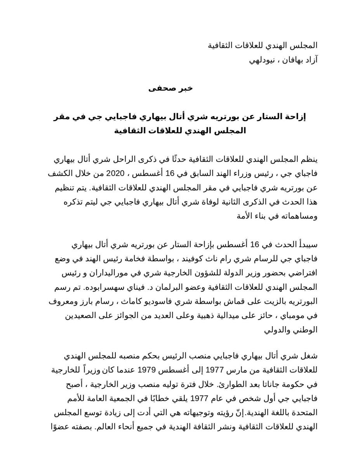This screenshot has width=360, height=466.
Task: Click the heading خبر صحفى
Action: click(170, 88)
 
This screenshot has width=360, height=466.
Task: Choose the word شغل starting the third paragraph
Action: click(310, 356)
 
